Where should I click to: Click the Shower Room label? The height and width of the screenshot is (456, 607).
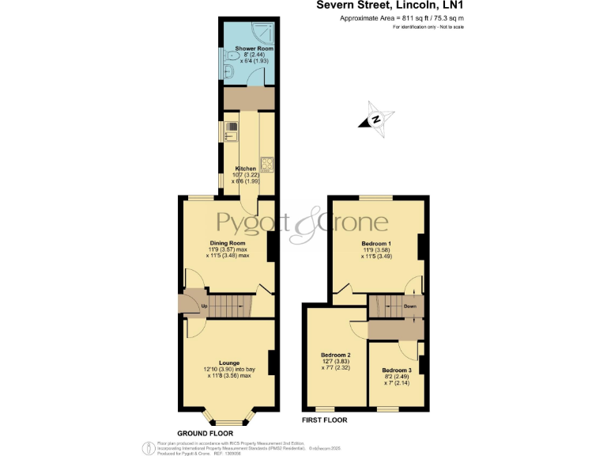point(247,48)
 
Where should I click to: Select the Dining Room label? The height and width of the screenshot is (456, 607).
point(228,243)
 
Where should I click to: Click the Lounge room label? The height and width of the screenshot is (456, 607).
point(228,363)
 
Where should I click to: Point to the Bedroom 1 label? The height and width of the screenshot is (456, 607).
point(376,243)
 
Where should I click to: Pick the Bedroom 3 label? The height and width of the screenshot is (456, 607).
point(396,370)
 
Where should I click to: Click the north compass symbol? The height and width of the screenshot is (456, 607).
point(376,120)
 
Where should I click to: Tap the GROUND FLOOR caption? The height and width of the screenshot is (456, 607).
point(205,433)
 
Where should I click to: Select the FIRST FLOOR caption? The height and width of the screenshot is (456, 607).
point(325,420)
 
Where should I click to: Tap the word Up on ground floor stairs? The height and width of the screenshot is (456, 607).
point(205,306)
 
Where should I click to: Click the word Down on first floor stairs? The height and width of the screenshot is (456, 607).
point(410,306)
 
